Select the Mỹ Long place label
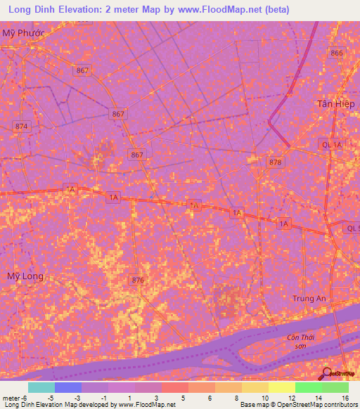point(25,276)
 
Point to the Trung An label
point(309,299)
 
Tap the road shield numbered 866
point(337,53)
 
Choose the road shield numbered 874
point(22,126)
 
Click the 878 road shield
point(275,162)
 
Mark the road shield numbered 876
point(138,280)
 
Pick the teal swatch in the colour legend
point(41,387)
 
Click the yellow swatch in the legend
point(281,387)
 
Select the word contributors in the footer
point(337,405)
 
